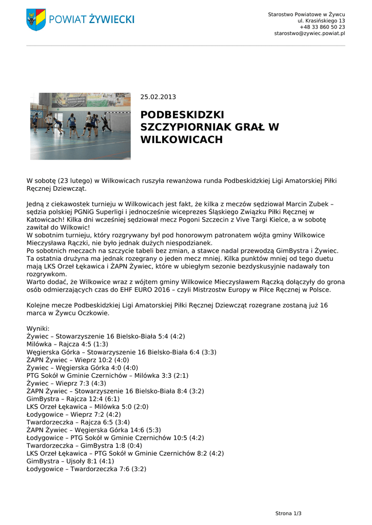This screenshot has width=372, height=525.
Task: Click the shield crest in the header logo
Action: [x=36, y=19]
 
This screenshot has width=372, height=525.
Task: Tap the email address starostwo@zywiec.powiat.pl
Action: [x=309, y=33]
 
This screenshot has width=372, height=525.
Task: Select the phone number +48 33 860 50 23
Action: [x=322, y=27]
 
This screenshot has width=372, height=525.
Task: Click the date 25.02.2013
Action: [x=158, y=96]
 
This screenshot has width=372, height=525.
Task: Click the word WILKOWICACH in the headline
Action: [x=182, y=139]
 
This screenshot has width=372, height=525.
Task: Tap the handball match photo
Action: [x=80, y=126]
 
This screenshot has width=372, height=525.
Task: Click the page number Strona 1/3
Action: [x=288, y=513]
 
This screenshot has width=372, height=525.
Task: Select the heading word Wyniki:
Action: [x=37, y=328]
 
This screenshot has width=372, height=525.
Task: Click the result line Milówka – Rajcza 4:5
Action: [x=67, y=344]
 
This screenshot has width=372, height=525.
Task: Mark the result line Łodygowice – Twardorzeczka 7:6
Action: [x=86, y=469]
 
